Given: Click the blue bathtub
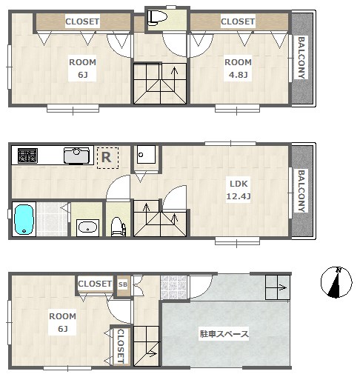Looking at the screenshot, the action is pyautogui.click(x=24, y=219).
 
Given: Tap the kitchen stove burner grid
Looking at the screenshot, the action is pyautogui.click(x=27, y=156).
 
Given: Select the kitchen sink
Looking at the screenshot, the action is pyautogui.click(x=76, y=156).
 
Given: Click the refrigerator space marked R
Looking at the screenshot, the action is pyautogui.click(x=107, y=158).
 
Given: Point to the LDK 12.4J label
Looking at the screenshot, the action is pyautogui.click(x=239, y=190).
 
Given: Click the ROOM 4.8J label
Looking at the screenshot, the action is pyautogui.click(x=238, y=68).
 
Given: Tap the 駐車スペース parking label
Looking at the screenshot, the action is pyautogui.click(x=224, y=334).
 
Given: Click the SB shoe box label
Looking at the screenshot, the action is pyautogui.click(x=123, y=284).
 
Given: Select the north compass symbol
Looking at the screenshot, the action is pyautogui.click(x=336, y=282).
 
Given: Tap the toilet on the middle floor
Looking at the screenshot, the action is pyautogui.click(x=118, y=227).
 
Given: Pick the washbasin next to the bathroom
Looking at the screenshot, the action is pyautogui.click(x=87, y=227).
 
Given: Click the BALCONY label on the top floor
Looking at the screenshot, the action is pyautogui.click(x=301, y=58).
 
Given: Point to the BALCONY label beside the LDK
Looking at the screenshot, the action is pyautogui.click(x=301, y=191).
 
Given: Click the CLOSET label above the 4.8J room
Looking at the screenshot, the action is pyautogui.click(x=238, y=21).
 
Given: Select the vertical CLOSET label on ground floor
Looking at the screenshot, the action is pyautogui.click(x=121, y=346).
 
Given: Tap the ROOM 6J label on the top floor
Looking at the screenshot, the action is pyautogui.click(x=82, y=68).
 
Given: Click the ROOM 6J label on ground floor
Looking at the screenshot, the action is pyautogui.click(x=62, y=322).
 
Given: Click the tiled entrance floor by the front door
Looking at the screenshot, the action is pyautogui.click(x=173, y=287).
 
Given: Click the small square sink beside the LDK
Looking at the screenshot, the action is pyautogui.click(x=146, y=154).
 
